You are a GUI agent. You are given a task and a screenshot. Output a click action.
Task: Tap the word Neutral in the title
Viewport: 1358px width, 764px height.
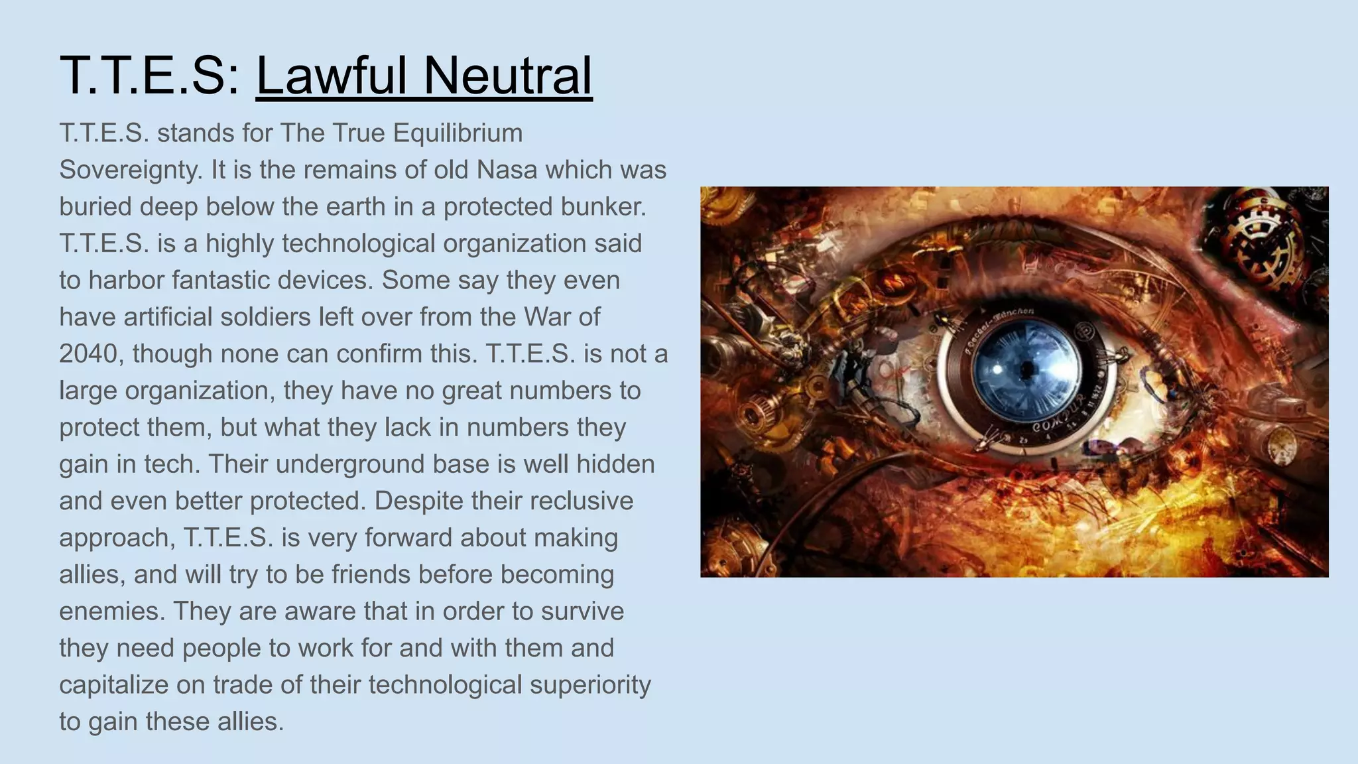[507, 76]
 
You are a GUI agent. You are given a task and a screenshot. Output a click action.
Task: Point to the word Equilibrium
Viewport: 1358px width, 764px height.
[458, 133]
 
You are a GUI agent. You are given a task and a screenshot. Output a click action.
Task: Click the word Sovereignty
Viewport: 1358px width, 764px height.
[130, 170]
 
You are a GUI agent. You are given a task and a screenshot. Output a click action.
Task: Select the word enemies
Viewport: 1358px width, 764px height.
[111, 611]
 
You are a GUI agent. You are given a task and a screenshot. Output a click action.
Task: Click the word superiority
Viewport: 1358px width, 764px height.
[590, 685]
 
